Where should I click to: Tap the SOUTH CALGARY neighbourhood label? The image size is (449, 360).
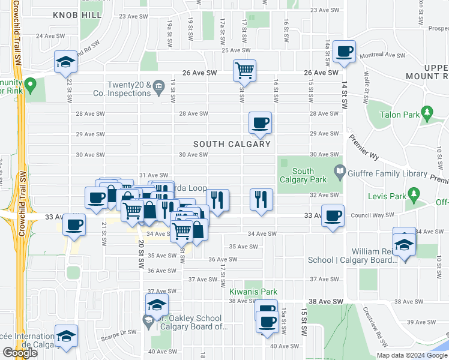pyautogui.click(x=232, y=144)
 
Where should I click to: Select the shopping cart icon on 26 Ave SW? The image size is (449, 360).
pyautogui.click(x=244, y=70)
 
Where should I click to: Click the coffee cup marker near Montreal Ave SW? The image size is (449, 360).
pyautogui.click(x=345, y=51)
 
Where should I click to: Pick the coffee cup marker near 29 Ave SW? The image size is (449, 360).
pyautogui.click(x=261, y=123)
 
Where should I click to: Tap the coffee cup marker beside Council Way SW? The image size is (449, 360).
pyautogui.click(x=333, y=216)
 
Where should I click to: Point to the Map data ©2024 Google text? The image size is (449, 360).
pyautogui.click(x=411, y=355)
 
